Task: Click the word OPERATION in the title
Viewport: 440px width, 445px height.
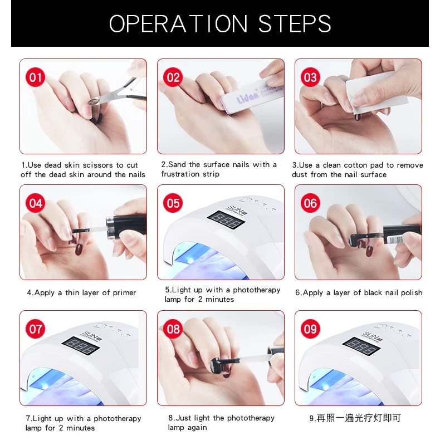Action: pos(178,24)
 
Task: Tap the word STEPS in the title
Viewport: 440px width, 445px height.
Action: pos(295,24)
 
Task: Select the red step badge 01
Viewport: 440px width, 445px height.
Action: pos(35,77)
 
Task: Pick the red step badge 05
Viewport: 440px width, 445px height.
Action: pos(173,203)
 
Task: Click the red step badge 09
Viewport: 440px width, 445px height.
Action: pos(310,329)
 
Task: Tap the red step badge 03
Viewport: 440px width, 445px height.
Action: pos(310,77)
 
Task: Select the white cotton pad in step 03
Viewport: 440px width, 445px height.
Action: pos(375,91)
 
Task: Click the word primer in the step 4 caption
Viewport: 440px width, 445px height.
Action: pos(124,293)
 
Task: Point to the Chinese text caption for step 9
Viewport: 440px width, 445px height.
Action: pos(355,418)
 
